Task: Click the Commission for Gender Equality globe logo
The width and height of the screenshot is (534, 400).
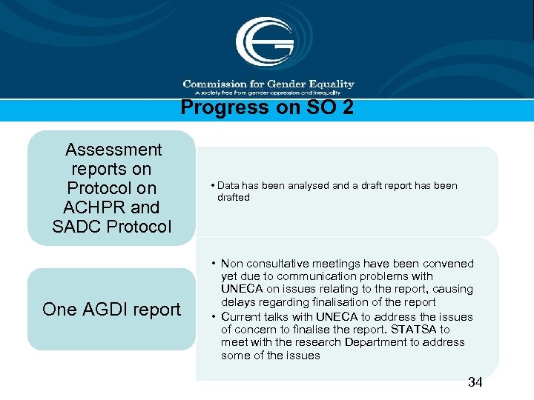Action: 265,43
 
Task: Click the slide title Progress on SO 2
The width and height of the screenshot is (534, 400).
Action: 267,108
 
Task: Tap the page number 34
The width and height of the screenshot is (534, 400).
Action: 475,382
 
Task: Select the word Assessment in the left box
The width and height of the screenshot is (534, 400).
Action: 113,150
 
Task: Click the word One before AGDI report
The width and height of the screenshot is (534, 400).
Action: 60,310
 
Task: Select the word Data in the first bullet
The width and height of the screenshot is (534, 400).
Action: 229,186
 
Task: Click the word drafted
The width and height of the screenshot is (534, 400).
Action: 234,198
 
